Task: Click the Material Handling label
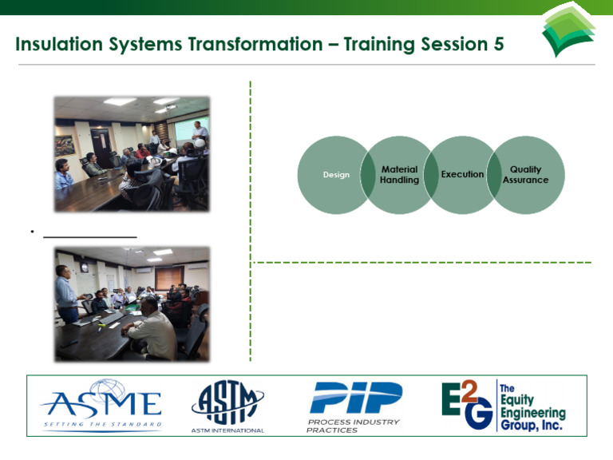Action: [399, 175]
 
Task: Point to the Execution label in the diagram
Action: [462, 174]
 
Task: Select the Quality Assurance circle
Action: [528, 175]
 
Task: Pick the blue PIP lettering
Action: [355, 398]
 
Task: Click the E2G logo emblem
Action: [467, 405]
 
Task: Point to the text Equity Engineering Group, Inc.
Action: [532, 406]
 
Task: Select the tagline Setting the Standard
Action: [101, 424]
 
